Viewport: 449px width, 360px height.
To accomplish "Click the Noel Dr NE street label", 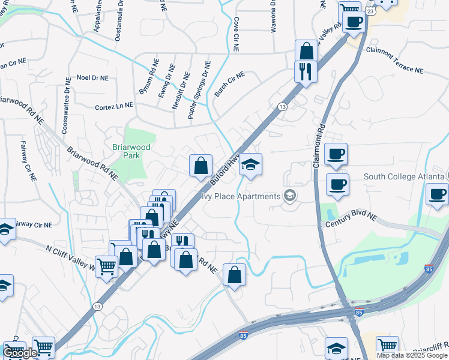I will (93, 78).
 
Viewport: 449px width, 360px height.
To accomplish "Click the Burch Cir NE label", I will (230, 85).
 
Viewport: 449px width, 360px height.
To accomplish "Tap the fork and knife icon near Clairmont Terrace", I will (306, 72).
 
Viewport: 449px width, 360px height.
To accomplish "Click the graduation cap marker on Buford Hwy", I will (250, 165).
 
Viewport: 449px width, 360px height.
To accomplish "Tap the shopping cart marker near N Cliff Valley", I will (106, 267).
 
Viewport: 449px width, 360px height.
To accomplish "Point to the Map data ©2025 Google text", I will (411, 355).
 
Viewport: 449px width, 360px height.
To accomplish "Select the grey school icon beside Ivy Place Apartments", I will (290, 196).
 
